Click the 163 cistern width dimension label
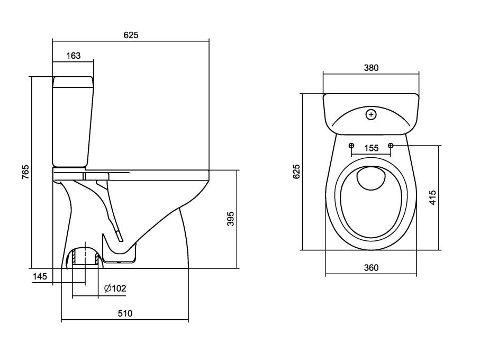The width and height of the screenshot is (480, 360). (74, 55)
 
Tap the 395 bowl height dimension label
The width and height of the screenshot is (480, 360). (230, 219)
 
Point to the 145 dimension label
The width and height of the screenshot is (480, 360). (40, 276)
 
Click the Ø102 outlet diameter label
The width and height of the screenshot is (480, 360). (115, 289)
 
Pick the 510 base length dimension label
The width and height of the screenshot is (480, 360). (124, 313)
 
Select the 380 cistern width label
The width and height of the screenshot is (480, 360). (371, 68)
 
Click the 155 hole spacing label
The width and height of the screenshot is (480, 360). (372, 148)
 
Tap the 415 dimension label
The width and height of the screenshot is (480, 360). (432, 197)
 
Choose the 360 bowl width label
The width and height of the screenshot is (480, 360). (371, 268)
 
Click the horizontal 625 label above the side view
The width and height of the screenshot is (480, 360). (131, 35)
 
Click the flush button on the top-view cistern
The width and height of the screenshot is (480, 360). (371, 114)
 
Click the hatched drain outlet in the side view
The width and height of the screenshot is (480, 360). (85, 258)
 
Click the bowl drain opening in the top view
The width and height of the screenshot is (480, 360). (370, 179)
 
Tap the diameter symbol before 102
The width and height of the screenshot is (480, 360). (107, 289)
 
